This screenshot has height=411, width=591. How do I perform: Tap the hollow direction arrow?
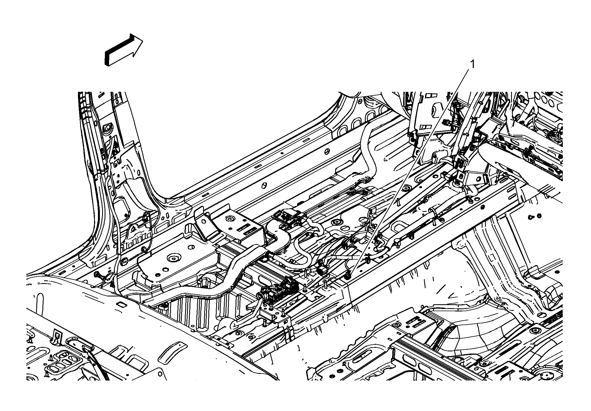pos(124,50)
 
